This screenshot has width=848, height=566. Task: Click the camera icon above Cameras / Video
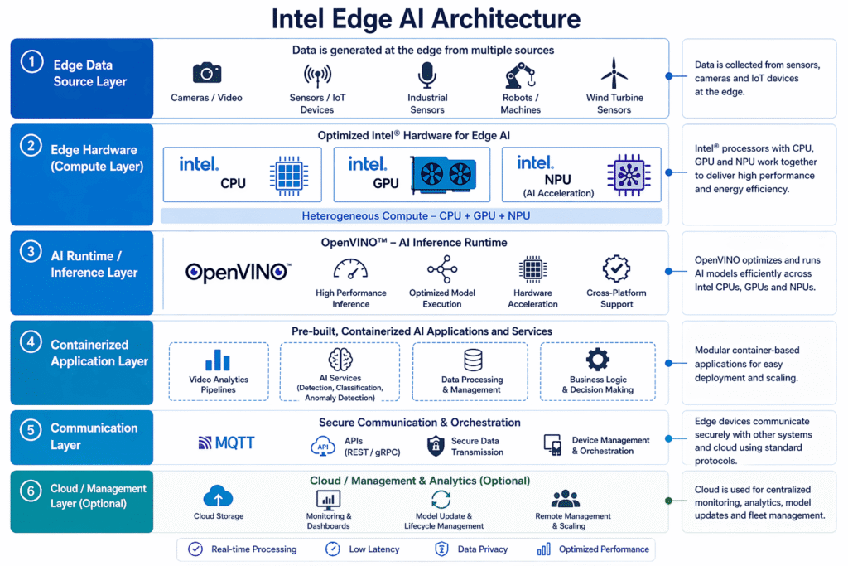(x=206, y=72)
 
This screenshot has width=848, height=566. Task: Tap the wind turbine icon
(x=614, y=74)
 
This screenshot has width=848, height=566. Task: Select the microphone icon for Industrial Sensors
(x=426, y=75)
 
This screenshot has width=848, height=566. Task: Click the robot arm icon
(x=520, y=75)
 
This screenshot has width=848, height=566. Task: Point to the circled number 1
(x=32, y=61)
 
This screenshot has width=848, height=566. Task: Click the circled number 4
(x=31, y=342)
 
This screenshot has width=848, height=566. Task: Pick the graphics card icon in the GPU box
(x=444, y=174)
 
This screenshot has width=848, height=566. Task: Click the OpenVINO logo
(x=238, y=272)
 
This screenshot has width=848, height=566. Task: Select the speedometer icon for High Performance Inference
(x=350, y=269)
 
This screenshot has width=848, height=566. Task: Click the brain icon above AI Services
(x=340, y=359)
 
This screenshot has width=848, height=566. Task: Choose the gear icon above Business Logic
(x=598, y=359)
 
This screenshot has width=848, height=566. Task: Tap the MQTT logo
(x=226, y=443)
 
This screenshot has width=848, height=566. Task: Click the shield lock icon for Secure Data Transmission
(x=436, y=446)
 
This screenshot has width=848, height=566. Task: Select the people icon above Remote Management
(x=565, y=498)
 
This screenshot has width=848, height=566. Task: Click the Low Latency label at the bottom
(x=374, y=549)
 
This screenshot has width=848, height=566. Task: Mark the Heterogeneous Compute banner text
(x=416, y=216)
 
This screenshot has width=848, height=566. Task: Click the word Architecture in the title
(x=506, y=18)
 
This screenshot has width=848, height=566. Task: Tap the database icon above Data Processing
(x=473, y=360)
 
